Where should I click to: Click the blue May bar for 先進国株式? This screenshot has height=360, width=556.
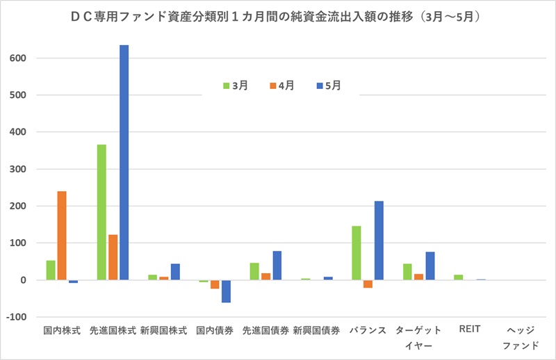pos(124,163)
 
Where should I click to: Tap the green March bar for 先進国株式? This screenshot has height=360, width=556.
pos(101,212)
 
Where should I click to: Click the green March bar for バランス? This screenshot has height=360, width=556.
pos(357,253)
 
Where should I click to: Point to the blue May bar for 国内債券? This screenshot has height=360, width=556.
pos(226,291)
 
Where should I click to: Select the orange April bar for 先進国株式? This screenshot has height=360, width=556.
pos(113,257)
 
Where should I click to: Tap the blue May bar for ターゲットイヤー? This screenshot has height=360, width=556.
pos(430,266)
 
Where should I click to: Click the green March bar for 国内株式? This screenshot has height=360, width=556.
pos(51,270)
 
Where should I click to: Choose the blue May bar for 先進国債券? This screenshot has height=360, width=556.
pos(277,265)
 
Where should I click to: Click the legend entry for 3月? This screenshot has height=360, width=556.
pos(235,85)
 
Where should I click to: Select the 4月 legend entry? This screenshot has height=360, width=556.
pos(280,85)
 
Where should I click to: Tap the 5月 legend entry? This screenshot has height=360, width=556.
pos(328,85)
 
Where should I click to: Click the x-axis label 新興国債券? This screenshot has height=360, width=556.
pos(316,332)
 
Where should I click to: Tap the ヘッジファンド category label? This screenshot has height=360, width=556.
pos(520,338)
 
